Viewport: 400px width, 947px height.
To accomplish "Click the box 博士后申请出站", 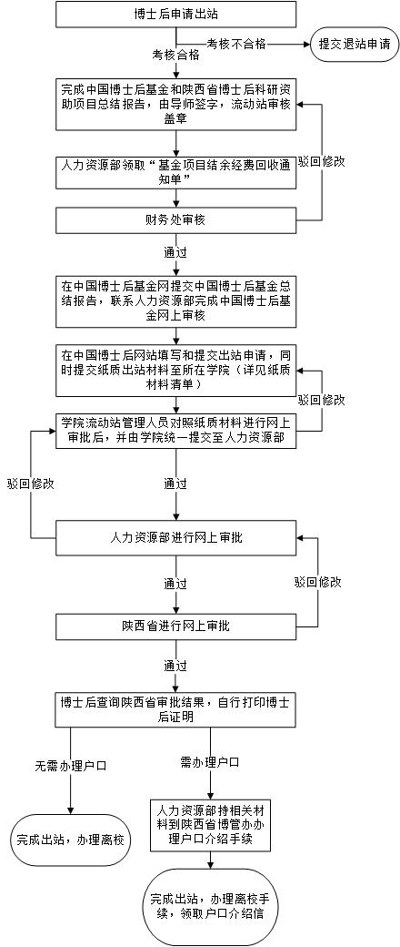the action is coord(176,14).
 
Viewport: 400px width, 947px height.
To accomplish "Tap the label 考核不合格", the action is coord(236,43).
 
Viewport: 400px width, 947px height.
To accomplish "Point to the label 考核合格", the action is coord(176,56).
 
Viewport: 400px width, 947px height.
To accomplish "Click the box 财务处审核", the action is coord(176,220).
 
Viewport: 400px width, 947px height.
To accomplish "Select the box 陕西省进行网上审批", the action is coord(176,626).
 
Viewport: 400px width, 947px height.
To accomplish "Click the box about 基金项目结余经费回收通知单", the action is coord(176,172).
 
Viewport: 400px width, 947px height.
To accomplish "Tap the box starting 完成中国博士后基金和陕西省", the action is coord(176,105).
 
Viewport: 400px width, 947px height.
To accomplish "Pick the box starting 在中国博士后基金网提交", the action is coord(176,300).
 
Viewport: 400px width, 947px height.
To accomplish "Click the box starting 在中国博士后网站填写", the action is coord(176,368).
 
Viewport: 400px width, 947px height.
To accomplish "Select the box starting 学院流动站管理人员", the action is coord(176,430).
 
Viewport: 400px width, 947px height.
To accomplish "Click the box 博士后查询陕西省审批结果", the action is coord(176,709).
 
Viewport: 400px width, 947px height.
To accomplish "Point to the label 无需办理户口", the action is coord(71,766).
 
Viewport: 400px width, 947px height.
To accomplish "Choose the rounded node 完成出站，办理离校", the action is coord(71,840).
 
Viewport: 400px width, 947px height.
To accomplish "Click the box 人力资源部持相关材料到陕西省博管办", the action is coord(211,825).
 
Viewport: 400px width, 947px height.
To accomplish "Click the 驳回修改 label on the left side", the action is coord(31,484).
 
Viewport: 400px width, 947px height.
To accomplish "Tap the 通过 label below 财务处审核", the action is coord(175,251).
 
